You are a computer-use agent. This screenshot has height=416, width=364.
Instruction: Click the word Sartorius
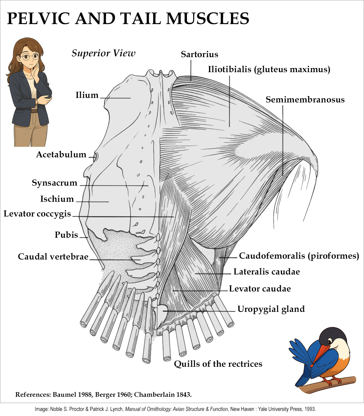tap(199, 54)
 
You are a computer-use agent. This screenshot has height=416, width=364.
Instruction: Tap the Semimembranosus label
tap(305, 100)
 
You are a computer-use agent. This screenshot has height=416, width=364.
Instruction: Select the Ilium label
tap(87, 95)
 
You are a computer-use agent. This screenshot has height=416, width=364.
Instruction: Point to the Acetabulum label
tap(61, 155)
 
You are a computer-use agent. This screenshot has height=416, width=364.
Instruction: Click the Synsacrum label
tap(54, 183)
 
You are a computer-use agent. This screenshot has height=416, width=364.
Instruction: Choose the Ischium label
tap(57, 199)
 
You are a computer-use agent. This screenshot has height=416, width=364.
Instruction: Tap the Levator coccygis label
tap(37, 214)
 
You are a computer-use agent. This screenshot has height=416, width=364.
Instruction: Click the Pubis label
tap(66, 235)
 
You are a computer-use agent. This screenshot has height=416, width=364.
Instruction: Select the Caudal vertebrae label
tap(53, 257)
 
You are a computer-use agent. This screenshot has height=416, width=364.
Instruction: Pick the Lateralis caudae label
tap(266, 272)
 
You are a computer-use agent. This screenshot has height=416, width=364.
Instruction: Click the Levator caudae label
tap(260, 289)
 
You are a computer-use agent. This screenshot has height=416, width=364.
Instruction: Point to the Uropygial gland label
tap(271, 309)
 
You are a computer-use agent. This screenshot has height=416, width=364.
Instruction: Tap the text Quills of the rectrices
tap(218, 364)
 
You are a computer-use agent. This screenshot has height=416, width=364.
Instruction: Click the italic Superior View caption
tap(104, 53)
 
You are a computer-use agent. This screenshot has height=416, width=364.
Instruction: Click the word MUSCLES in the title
tap(208, 19)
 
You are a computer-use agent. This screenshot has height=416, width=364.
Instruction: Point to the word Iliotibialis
tap(229, 69)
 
